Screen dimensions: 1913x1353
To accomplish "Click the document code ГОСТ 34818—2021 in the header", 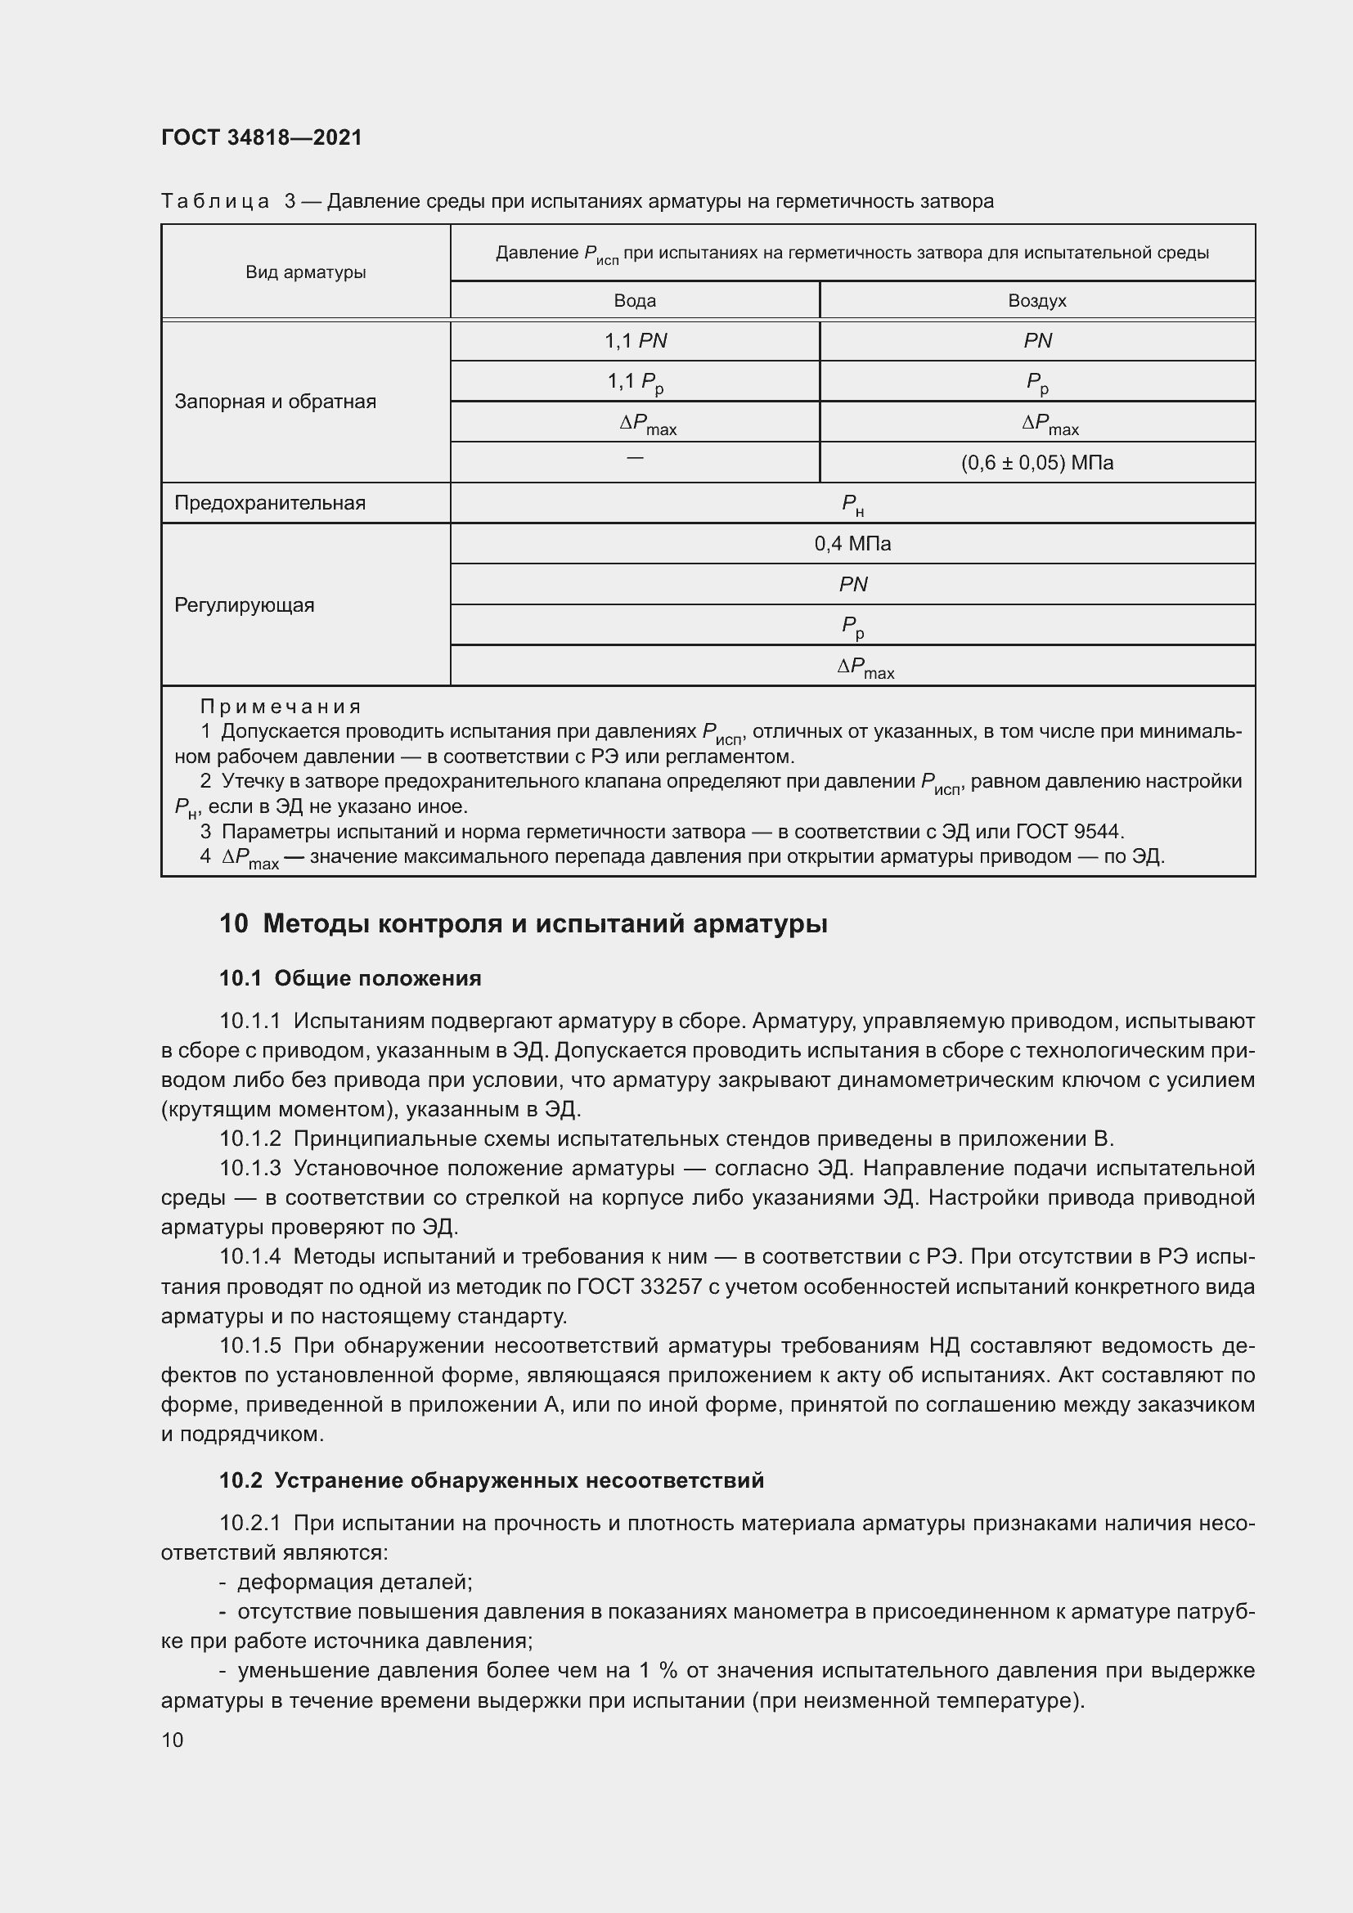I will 262,137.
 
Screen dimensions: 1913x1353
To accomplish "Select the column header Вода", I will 635,301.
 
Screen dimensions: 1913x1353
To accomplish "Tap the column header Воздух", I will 1036,301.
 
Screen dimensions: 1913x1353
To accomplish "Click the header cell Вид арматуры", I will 306,272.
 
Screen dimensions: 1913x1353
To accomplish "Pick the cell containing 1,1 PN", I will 635,341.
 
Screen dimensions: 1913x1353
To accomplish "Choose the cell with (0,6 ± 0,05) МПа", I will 1036,463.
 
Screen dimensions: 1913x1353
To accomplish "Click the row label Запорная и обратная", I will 275,402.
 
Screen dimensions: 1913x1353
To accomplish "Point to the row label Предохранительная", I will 270,503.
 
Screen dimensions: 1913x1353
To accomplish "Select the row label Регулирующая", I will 244,606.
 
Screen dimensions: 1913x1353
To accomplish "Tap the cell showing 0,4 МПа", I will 852,544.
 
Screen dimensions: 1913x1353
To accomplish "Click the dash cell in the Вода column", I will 635,458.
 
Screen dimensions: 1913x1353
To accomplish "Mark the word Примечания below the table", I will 280,707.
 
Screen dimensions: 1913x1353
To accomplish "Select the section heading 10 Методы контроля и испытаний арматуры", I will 524,924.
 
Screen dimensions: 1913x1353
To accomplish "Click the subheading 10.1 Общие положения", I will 350,978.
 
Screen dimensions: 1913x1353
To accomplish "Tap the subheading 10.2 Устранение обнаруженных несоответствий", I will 492,1480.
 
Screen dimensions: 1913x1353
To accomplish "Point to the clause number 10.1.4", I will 250,1256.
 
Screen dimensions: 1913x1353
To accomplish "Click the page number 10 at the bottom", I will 173,1740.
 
